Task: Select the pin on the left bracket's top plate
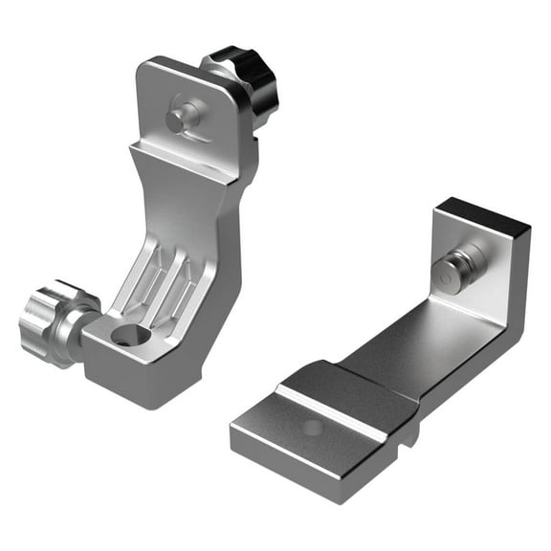(x=182, y=118)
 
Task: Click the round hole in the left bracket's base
(x=129, y=336)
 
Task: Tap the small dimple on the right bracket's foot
(x=313, y=428)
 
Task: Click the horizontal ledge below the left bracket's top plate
(x=187, y=161)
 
